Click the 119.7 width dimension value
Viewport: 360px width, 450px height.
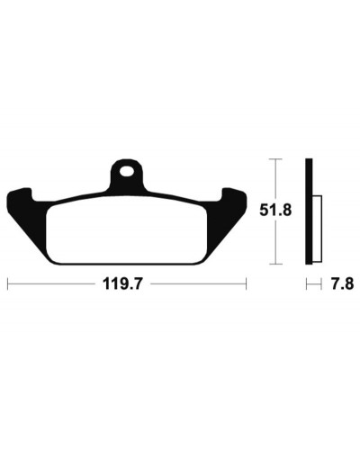coord(121,283)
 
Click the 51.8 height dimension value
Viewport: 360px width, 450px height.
coord(275,211)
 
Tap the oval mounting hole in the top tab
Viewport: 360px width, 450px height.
coord(126,172)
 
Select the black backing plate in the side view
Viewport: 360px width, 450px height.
coord(309,211)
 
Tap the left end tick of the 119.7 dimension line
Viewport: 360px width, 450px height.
coord(7,283)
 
